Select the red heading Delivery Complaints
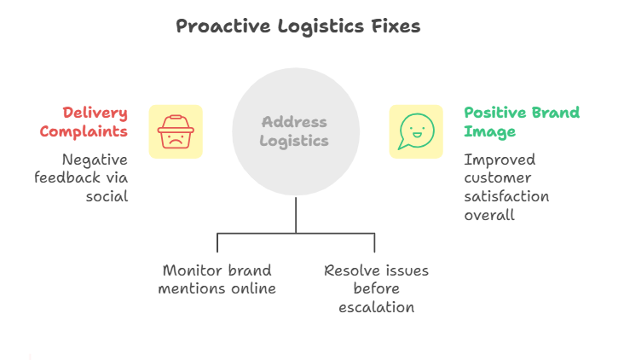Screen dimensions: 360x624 coord(95,122)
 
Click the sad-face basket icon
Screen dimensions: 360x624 coord(176,131)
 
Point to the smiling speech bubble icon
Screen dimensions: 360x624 coord(416,131)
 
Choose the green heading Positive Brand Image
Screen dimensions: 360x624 coord(521,122)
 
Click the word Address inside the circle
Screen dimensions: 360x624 coord(295,122)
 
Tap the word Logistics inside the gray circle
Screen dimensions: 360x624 coord(295,141)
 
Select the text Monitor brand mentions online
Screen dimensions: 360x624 coord(217,279)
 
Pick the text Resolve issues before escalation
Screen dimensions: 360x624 coord(376,288)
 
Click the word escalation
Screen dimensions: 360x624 coord(376,307)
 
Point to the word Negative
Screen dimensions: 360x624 coord(95,160)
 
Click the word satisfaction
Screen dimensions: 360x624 coord(506,196)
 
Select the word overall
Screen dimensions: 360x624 coord(489,215)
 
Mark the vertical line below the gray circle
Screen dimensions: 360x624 coord(296,214)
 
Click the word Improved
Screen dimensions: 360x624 coord(498,160)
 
